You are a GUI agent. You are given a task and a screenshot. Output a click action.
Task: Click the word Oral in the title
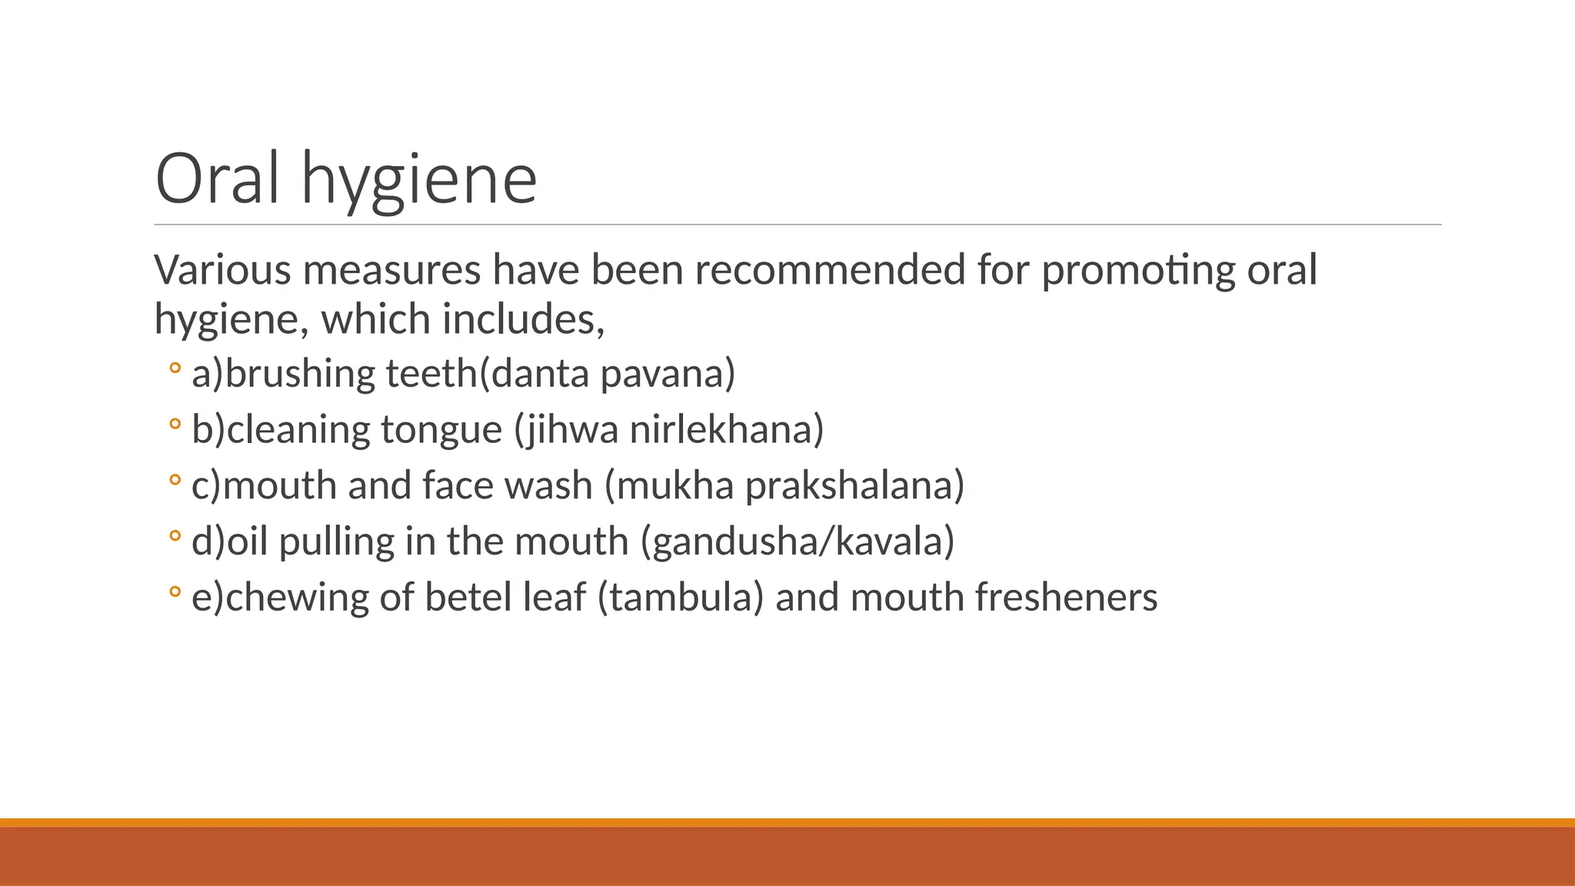(217, 178)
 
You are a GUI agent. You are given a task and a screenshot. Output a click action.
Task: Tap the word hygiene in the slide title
(419, 181)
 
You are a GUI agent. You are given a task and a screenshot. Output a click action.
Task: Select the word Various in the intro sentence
(223, 270)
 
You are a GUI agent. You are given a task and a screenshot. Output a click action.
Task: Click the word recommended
(830, 270)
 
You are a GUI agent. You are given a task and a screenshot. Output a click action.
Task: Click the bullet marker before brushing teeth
(175, 368)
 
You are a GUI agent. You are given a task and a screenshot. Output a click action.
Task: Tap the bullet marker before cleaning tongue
(175, 424)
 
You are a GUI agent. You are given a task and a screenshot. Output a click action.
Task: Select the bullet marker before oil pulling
(175, 536)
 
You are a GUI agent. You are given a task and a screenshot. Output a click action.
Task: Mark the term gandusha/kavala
(797, 542)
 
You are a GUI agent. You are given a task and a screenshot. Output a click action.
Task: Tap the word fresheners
(1066, 598)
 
